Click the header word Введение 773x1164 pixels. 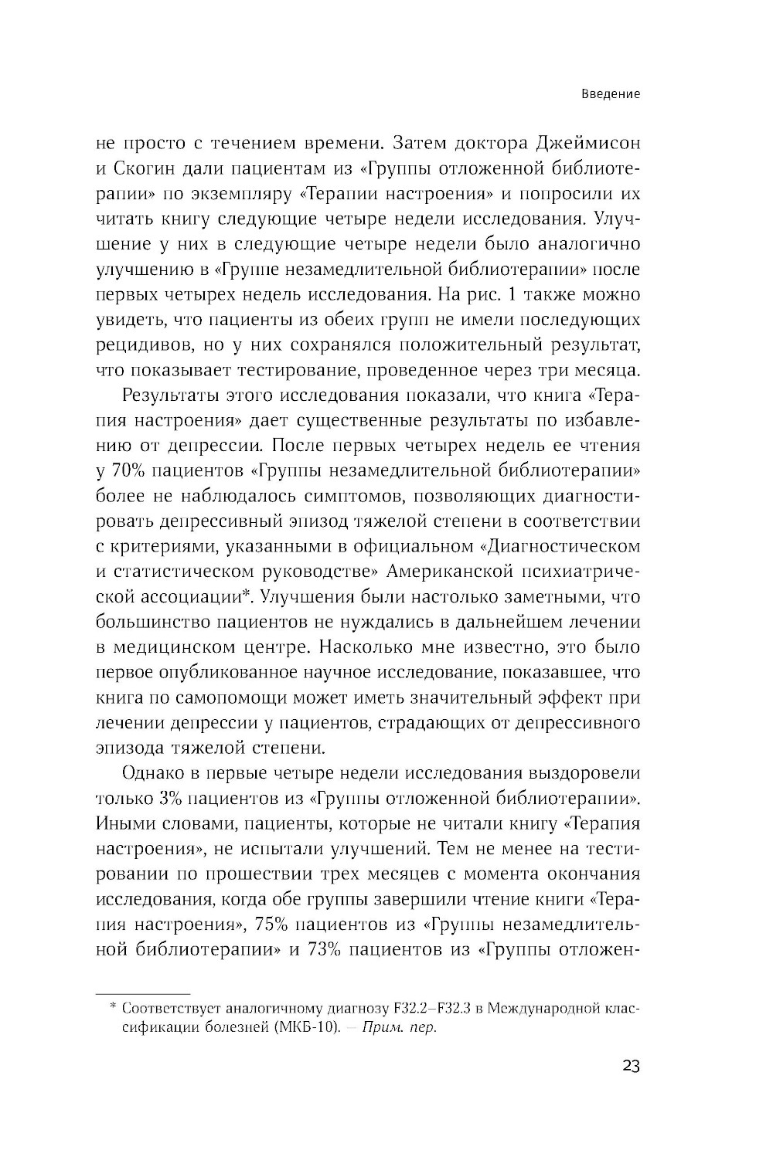(611, 94)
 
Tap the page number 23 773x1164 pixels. (630, 1067)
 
